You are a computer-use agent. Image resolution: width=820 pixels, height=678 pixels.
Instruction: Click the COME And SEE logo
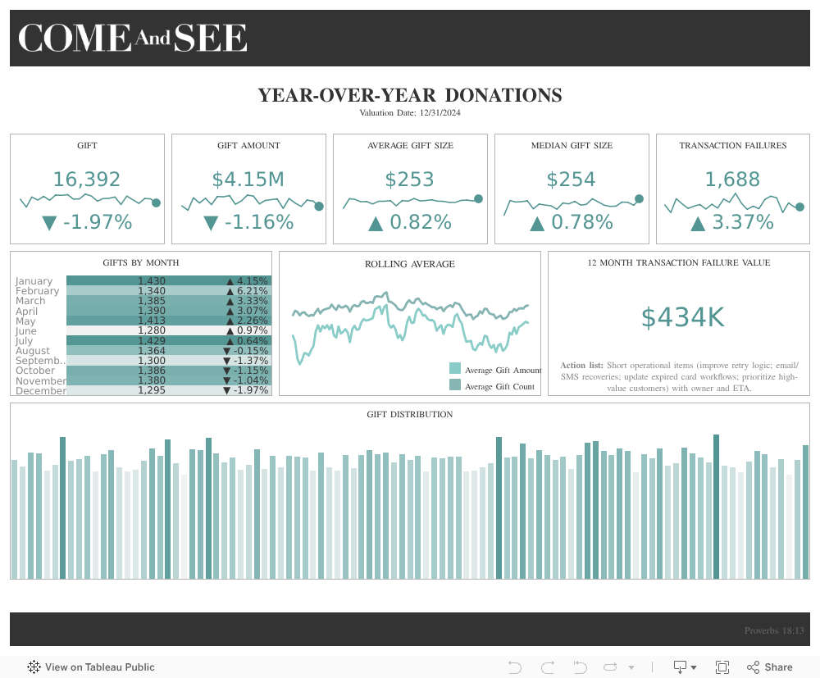tap(133, 39)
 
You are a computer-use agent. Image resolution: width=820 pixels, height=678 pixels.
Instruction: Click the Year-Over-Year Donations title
tap(410, 95)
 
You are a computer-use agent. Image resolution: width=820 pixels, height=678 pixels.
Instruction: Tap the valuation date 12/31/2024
tap(410, 112)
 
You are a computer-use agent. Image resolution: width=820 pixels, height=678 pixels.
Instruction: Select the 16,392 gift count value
tap(87, 180)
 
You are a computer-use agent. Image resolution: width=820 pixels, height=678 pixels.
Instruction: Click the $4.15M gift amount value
tap(248, 180)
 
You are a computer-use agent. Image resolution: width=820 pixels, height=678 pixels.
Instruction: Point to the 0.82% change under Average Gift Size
tap(410, 222)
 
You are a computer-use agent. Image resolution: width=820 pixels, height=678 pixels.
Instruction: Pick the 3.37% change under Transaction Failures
tap(732, 222)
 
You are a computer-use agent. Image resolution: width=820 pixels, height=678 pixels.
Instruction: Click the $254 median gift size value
tap(571, 180)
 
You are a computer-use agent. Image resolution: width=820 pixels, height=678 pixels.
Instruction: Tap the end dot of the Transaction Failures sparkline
tap(799, 207)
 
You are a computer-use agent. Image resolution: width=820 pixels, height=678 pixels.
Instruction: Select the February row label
tap(37, 291)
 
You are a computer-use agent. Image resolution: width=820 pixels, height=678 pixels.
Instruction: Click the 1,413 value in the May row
tap(152, 321)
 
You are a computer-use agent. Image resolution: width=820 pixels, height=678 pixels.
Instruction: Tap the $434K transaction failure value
tap(682, 317)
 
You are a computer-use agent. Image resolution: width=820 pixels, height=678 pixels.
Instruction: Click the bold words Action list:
tap(582, 365)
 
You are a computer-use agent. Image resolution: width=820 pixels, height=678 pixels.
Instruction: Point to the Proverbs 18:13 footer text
tap(774, 630)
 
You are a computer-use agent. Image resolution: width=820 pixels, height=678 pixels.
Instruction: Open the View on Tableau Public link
tap(91, 667)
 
